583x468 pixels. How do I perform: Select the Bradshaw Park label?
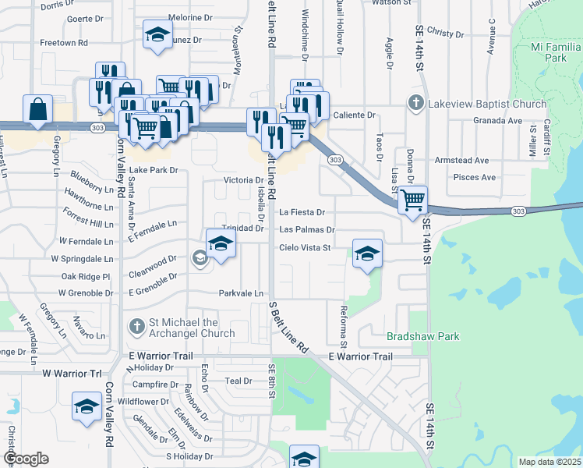coord(423,336)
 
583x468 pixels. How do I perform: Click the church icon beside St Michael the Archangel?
coord(136,327)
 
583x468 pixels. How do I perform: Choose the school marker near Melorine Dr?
coord(157,35)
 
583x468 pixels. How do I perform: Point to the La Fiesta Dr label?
coord(302,211)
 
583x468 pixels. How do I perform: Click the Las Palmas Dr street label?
coord(307,230)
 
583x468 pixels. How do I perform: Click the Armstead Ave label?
coord(462,160)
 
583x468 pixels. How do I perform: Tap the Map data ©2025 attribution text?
coord(549,462)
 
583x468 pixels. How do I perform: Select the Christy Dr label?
coord(445,34)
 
